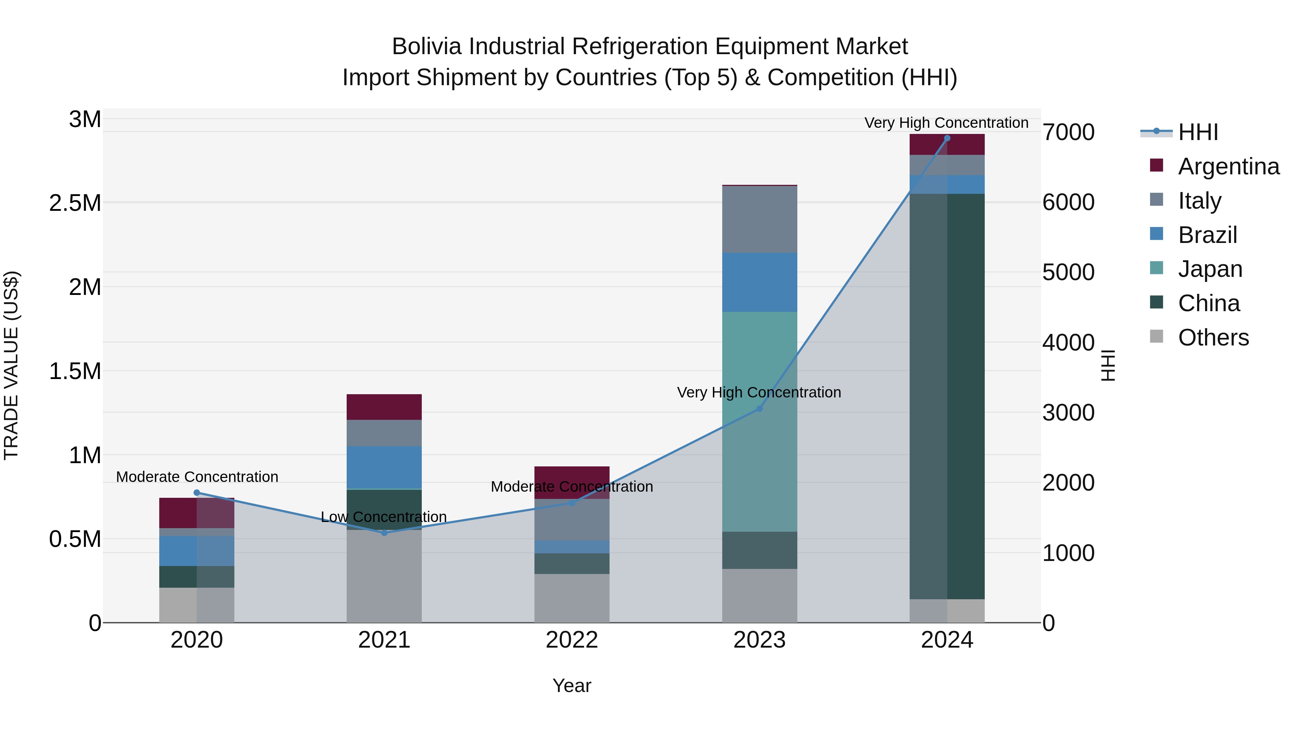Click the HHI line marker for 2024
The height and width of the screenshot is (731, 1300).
coord(947,138)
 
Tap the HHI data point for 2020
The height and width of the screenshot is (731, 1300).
coord(197,493)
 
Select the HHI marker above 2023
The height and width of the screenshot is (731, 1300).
coord(759,409)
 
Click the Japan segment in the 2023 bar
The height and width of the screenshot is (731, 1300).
coord(759,421)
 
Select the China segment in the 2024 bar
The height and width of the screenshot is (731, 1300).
coord(947,396)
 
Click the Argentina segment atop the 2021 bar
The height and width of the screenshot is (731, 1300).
coord(384,406)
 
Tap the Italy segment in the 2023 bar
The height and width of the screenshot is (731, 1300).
coord(759,219)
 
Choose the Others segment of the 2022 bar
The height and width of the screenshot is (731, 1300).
coord(572,598)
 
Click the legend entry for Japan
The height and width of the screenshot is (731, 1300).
coord(1210,269)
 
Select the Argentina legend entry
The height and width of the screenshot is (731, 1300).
coord(1228,166)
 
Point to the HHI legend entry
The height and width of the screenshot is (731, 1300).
coord(1197,132)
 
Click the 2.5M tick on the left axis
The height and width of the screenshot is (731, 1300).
coord(75,203)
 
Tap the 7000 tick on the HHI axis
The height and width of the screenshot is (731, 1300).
coord(1069,132)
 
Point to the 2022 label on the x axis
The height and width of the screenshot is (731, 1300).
coord(572,640)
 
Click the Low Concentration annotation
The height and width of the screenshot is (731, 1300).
coord(384,517)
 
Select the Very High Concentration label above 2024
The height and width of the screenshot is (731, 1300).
coord(946,123)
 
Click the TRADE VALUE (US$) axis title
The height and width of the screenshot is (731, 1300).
coord(11,365)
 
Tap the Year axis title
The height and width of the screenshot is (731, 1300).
coord(572,686)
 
